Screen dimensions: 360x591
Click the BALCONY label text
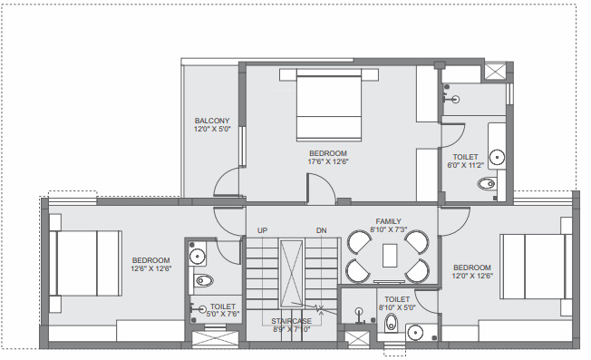(x=212, y=120)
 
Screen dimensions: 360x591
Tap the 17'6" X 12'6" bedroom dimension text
(x=328, y=162)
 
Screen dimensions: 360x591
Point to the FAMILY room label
(x=389, y=221)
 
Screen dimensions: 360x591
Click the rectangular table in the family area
(x=390, y=257)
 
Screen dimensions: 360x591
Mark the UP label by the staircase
(x=263, y=230)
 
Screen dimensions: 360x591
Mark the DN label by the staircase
(x=321, y=230)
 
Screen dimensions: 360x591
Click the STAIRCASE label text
(x=291, y=321)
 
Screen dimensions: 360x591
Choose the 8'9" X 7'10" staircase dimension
(x=291, y=330)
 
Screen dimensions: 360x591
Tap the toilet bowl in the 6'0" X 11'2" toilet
(x=486, y=185)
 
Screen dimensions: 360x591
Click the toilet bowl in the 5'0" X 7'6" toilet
(x=203, y=279)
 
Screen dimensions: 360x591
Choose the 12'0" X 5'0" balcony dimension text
(x=212, y=130)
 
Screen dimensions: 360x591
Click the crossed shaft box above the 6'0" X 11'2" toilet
(x=498, y=73)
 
